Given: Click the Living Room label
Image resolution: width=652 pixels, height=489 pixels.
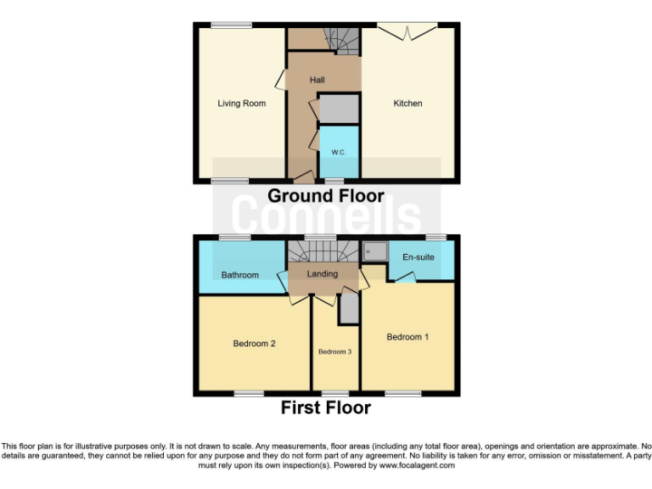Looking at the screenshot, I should pyautogui.click(x=241, y=104).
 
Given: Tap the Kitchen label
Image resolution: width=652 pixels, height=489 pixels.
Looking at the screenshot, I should pyautogui.click(x=407, y=104).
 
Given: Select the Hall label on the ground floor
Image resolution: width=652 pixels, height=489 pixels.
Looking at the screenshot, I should pyautogui.click(x=317, y=80).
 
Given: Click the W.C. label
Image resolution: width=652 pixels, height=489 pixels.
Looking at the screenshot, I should pyautogui.click(x=338, y=152).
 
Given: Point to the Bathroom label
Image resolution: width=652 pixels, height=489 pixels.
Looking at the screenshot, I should pyautogui.click(x=240, y=275).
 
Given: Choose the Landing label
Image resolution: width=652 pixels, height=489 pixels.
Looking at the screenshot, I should pyautogui.click(x=323, y=274).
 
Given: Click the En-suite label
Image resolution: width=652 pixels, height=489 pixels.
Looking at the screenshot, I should pyautogui.click(x=419, y=256).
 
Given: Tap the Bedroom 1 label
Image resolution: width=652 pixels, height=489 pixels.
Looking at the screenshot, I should pyautogui.click(x=407, y=337).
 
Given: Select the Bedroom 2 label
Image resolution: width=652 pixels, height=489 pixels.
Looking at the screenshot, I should pyautogui.click(x=255, y=344).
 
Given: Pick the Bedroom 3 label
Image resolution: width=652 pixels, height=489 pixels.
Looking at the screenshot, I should pyautogui.click(x=335, y=351).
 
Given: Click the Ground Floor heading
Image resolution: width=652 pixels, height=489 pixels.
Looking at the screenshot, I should pyautogui.click(x=326, y=196).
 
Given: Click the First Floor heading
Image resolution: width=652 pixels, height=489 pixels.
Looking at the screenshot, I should pyautogui.click(x=326, y=408).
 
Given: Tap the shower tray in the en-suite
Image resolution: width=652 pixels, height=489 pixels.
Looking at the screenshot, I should pyautogui.click(x=374, y=251).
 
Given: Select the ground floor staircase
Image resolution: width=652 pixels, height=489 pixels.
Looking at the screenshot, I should pyautogui.click(x=344, y=39).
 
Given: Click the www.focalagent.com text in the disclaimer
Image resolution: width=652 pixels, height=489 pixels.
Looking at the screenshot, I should pyautogui.click(x=417, y=465).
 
